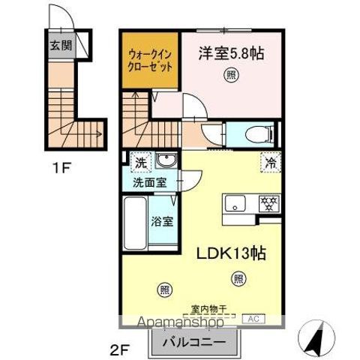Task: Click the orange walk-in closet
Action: point(151,59)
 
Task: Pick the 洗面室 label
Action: point(150,181)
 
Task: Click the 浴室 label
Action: point(162,221)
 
